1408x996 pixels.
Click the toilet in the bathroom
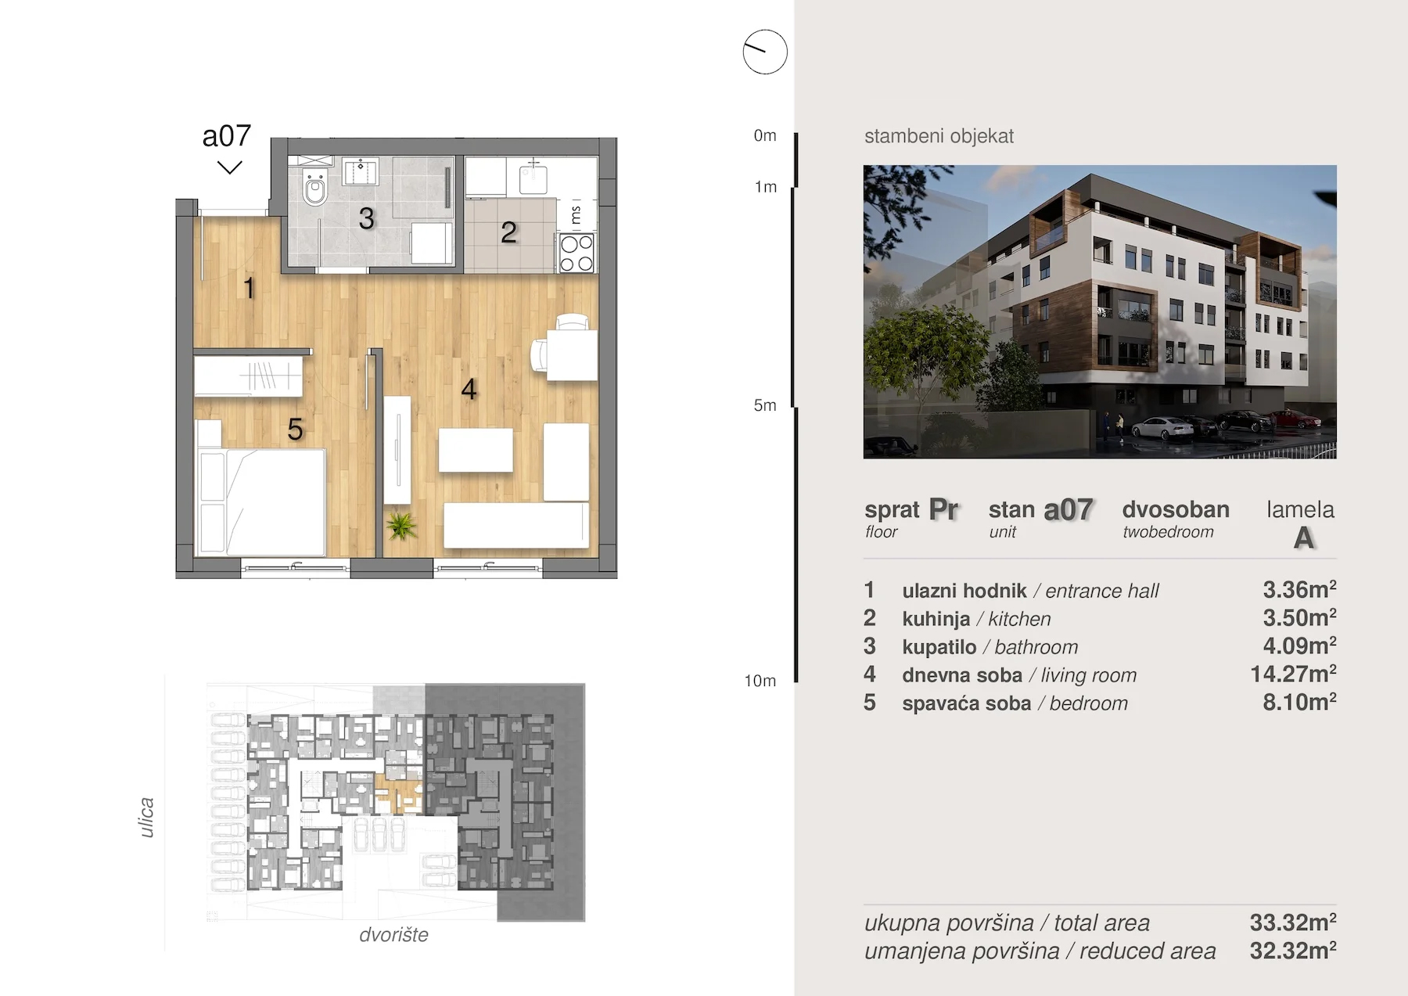pos(315,187)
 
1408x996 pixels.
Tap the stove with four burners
pos(577,253)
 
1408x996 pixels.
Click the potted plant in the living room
pos(401,525)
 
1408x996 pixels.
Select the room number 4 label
pos(469,389)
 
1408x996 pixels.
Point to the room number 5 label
pos(295,429)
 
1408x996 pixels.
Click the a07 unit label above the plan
pos(227,136)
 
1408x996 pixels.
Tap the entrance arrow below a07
pos(229,167)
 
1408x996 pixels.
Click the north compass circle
pos(765,52)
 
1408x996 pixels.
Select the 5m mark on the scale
pos(765,405)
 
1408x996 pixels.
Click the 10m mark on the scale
pos(760,681)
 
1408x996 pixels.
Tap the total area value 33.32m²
pos(1293,922)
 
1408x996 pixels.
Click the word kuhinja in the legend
pos(936,619)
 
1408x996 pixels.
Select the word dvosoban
pos(1176,509)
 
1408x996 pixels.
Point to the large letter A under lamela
pos(1303,538)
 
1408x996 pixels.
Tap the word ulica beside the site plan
pos(146,818)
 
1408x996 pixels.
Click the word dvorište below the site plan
pos(393,934)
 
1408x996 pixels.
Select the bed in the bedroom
pos(262,501)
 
